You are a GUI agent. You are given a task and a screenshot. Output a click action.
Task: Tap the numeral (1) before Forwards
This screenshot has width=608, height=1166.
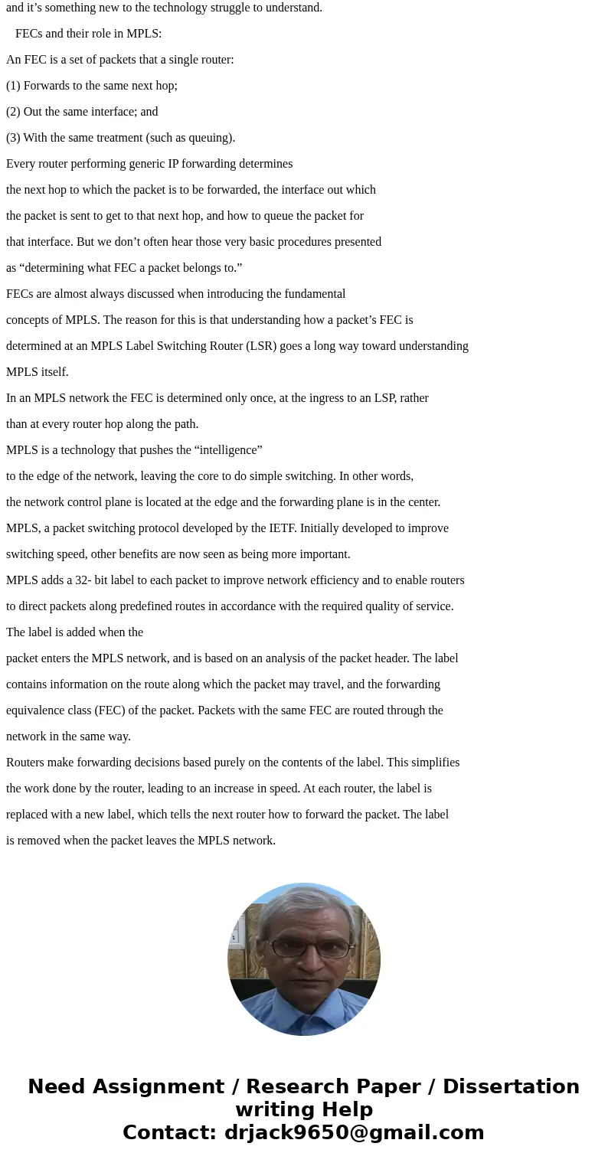[13, 86]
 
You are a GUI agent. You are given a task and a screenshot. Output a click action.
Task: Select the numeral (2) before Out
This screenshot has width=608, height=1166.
[13, 112]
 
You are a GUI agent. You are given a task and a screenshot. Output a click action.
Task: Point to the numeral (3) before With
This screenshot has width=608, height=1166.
[13, 138]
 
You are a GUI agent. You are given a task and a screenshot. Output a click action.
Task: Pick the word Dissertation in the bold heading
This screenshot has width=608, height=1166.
[511, 1087]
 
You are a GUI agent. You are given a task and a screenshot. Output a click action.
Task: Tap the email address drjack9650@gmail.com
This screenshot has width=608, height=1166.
[354, 1133]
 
